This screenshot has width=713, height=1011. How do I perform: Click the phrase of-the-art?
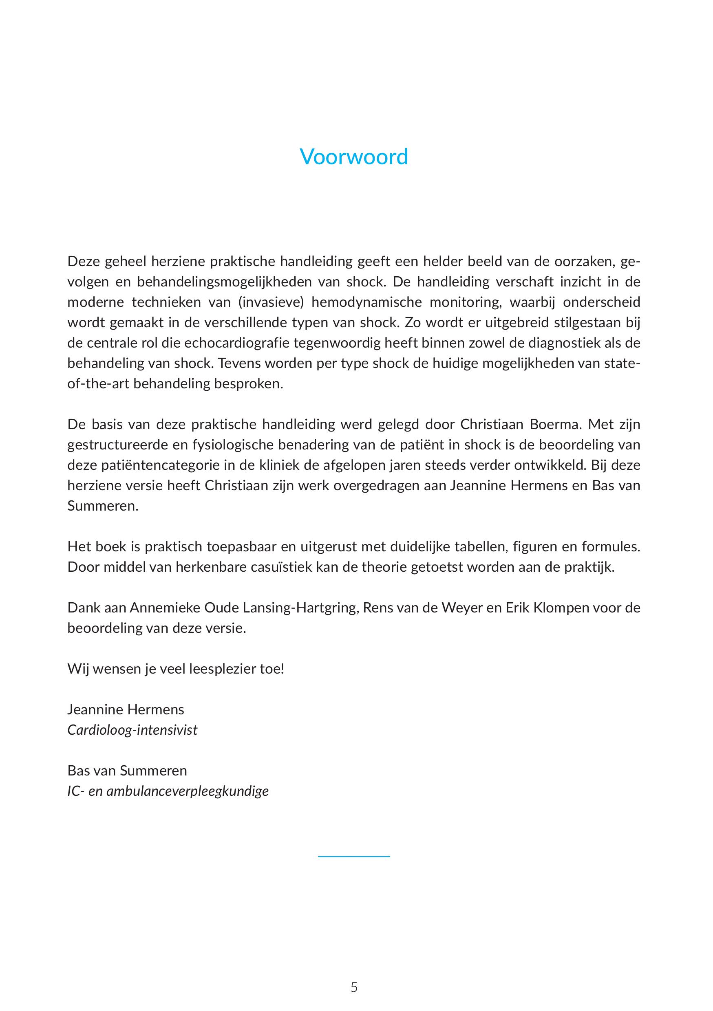(x=98, y=384)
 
